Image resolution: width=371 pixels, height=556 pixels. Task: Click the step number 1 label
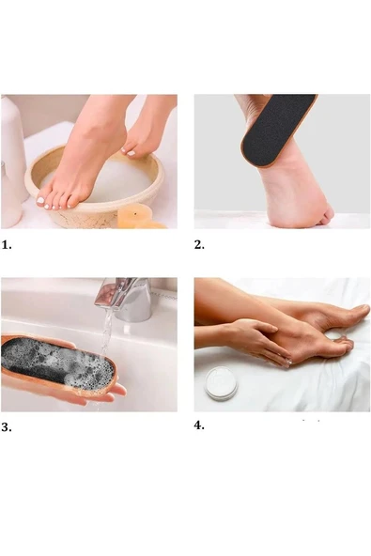click(7, 245)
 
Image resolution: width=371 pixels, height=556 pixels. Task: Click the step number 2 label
click(199, 245)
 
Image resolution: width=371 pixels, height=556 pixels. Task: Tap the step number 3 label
click(7, 427)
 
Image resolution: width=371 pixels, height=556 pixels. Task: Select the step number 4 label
click(199, 425)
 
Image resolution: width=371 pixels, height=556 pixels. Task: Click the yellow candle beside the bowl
click(134, 216)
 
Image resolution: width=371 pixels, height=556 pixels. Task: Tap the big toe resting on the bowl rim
click(40, 200)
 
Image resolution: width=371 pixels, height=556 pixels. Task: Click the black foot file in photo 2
click(277, 131)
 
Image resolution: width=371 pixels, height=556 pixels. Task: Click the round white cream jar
click(221, 383)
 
